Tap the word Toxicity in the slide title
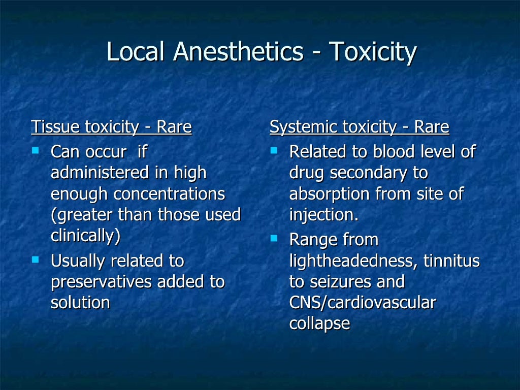373,52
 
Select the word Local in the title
136,52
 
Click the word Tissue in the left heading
56,127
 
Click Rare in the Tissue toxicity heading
174,127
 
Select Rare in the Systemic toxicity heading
432,127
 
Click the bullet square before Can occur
36,151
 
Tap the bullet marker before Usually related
36,259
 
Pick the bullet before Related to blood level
274,151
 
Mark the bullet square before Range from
274,237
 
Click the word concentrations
169,194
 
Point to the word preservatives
102,282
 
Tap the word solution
80,303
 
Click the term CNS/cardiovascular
363,303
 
